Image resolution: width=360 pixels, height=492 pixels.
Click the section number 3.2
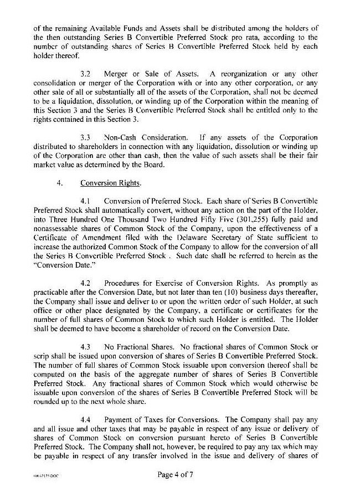pos(86,73)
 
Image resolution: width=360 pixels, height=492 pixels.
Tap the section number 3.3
pos(86,136)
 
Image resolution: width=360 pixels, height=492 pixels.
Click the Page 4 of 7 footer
pos(180,475)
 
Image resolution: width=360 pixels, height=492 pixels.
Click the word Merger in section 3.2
pos(117,73)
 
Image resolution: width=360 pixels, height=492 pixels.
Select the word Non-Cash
pos(120,136)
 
